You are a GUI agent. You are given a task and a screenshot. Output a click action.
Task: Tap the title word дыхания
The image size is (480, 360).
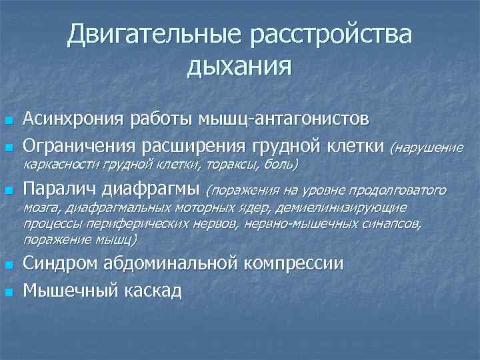(240, 65)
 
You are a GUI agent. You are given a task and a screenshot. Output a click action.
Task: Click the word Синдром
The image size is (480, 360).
(59, 264)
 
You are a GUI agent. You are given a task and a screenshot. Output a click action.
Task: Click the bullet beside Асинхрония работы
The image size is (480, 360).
(9, 121)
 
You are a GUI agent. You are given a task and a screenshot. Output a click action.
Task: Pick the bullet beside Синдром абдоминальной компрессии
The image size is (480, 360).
(9, 266)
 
